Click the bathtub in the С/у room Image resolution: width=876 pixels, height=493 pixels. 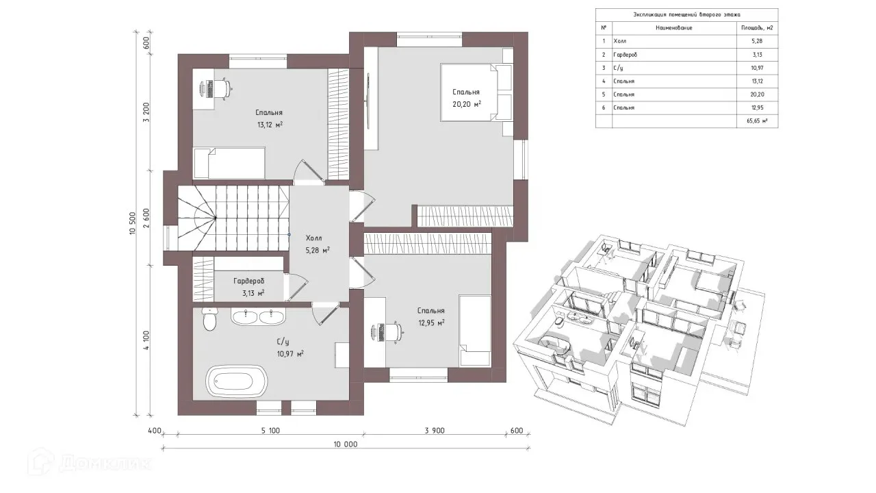tap(237, 381)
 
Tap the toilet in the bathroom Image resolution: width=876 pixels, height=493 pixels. tap(209, 319)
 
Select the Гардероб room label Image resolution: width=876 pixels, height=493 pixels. tap(248, 281)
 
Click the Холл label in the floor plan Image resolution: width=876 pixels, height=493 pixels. tap(313, 238)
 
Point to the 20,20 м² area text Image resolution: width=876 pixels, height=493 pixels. tap(467, 105)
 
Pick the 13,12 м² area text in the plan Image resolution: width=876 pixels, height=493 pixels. tap(270, 125)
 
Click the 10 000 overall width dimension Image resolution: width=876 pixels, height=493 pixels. tap(346, 444)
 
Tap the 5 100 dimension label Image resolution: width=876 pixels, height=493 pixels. tap(270, 431)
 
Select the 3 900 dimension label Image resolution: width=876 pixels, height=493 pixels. tap(435, 431)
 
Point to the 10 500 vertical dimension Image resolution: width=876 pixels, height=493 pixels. tap(132, 223)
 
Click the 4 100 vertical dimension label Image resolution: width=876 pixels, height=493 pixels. tap(146, 340)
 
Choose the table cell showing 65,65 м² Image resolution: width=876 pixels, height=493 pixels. tap(757, 121)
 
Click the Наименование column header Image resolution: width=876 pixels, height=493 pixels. tap(674, 28)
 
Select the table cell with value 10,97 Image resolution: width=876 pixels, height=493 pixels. tap(757, 68)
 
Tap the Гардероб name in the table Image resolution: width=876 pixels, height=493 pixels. tap(625, 55)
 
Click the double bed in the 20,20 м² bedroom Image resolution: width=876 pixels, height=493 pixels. tap(476, 92)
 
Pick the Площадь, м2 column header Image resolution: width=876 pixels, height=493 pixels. tap(757, 28)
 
